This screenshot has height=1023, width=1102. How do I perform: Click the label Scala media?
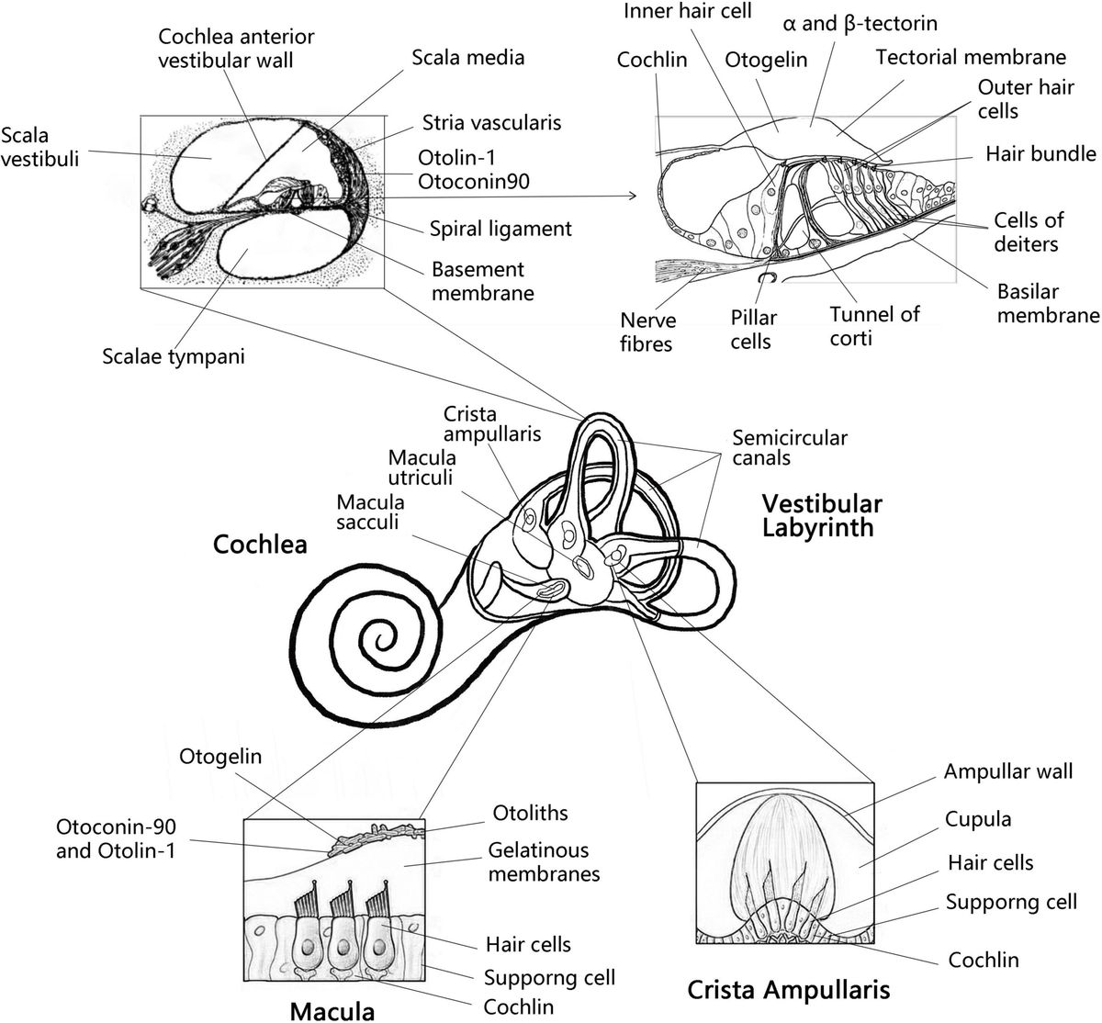(x=467, y=58)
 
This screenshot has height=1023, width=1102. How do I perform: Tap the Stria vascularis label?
(x=491, y=122)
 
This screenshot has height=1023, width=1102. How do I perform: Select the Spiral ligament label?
(x=500, y=229)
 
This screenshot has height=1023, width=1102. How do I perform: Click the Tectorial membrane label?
(x=971, y=58)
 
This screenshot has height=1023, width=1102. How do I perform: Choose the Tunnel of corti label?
(x=874, y=326)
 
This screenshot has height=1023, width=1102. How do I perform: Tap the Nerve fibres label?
(x=647, y=332)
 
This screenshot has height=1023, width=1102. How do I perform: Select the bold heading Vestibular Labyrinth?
(x=822, y=515)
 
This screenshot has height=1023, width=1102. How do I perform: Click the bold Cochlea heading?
(x=260, y=545)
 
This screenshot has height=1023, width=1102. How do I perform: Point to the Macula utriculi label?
(x=422, y=467)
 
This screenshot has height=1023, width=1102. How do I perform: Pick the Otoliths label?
(x=531, y=813)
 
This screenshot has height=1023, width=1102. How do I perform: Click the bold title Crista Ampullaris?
(x=788, y=990)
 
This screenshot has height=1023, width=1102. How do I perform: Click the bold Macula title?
(x=332, y=1011)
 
